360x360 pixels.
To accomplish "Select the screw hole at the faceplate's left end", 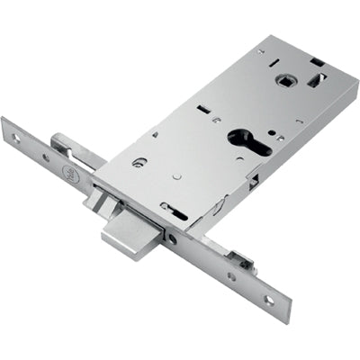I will pyautogui.click(x=16, y=137).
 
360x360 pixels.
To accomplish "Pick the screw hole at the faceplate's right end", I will pyautogui.click(x=268, y=300).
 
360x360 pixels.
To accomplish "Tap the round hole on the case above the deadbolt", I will pyautogui.click(x=139, y=163).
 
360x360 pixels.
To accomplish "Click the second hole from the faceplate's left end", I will pyautogui.click(x=46, y=157).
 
